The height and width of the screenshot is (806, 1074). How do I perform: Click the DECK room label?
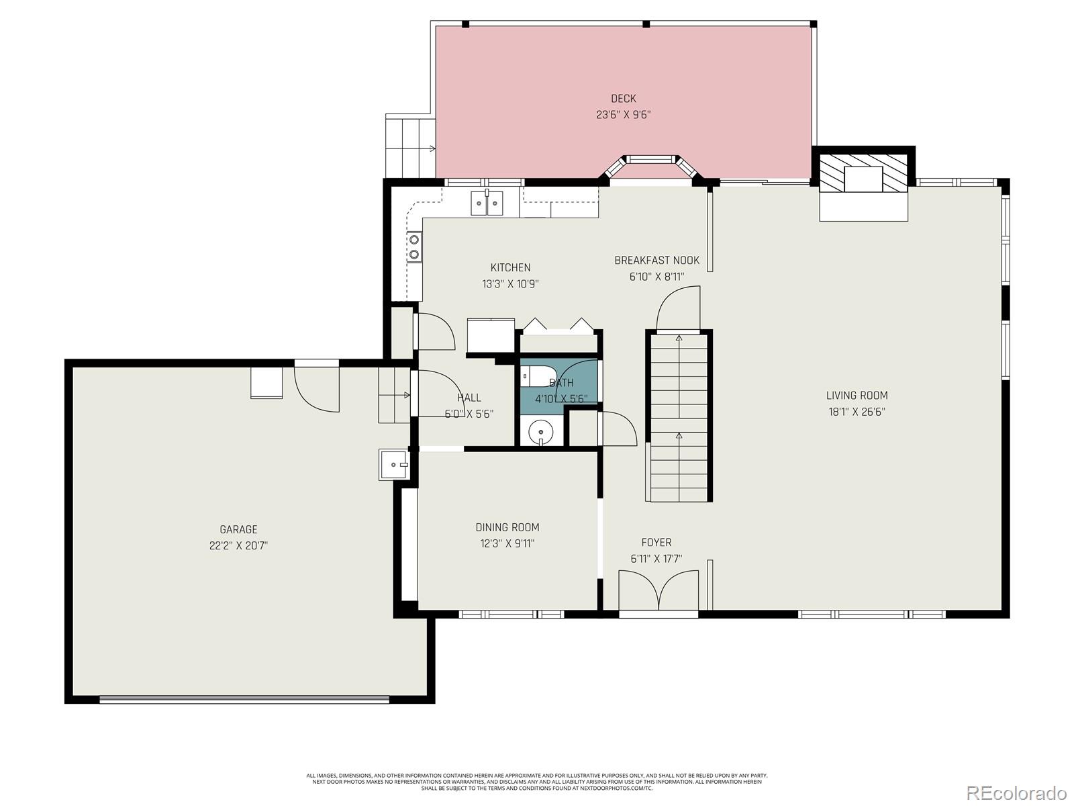coord(623,99)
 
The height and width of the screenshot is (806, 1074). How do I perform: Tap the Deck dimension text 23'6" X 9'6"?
coord(623,115)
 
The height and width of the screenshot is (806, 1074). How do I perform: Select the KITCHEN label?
coord(510,267)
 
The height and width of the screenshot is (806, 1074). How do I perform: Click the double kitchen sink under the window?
coord(487,202)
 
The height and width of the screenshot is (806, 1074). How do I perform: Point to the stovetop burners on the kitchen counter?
coord(414,246)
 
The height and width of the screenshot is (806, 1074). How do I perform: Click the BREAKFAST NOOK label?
coord(656,261)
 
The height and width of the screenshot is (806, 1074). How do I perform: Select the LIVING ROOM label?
coord(857,396)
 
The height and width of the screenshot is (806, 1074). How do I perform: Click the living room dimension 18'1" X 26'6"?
coord(857,412)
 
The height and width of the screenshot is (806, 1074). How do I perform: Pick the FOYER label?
coord(656,542)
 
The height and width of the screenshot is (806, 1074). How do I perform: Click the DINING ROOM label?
coord(507,527)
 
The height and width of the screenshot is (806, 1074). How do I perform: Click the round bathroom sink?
coord(540,432)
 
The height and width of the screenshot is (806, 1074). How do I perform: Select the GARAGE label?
coord(238,529)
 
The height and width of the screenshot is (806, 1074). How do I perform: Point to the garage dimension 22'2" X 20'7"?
coord(238,545)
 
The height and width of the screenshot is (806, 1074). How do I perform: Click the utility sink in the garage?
coord(393,464)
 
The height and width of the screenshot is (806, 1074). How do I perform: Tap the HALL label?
coord(469,398)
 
